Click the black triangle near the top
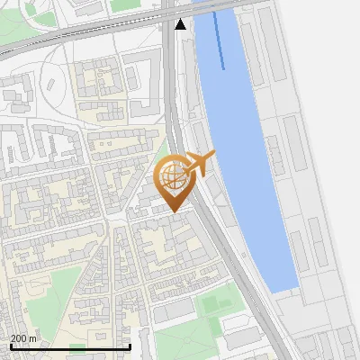tap(181, 23)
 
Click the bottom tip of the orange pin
tap(175, 211)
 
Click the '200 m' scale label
tap(23, 338)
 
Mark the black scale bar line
tap(70, 346)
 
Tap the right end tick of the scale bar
tap(130, 346)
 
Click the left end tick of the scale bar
tap(10, 346)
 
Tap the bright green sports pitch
tap(212, 303)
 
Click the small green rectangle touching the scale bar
tap(77, 348)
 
